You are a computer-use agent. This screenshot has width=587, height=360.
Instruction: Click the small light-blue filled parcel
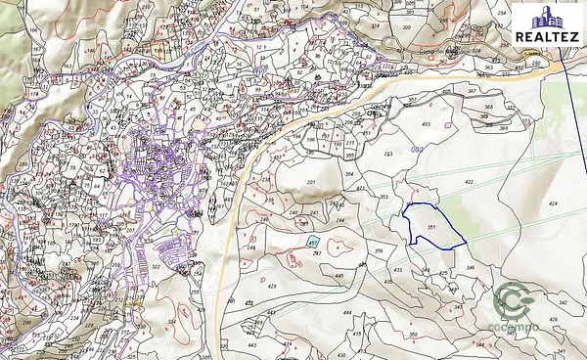pyautogui.click(x=313, y=241)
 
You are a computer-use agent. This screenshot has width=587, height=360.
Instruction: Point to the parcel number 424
pyautogui.click(x=553, y=203)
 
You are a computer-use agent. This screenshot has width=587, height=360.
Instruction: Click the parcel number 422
pyautogui.click(x=469, y=182)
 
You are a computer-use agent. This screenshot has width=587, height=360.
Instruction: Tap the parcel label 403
pyautogui.click(x=425, y=124)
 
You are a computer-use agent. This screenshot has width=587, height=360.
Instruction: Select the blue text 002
pyautogui.click(x=418, y=149)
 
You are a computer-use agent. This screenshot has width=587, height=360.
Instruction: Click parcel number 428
pyautogui.click(x=273, y=286)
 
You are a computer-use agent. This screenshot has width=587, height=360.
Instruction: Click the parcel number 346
pyautogui.click(x=471, y=267)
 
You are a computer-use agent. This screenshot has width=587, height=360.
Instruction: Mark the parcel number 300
pyautogui.click(x=406, y=27)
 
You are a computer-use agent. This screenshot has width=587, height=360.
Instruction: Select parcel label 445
pyautogui.click(x=339, y=277)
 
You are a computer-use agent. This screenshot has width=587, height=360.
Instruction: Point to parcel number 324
pyautogui.click(x=172, y=319)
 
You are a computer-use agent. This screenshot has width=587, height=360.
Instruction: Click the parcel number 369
pyautogui.click(x=505, y=127)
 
